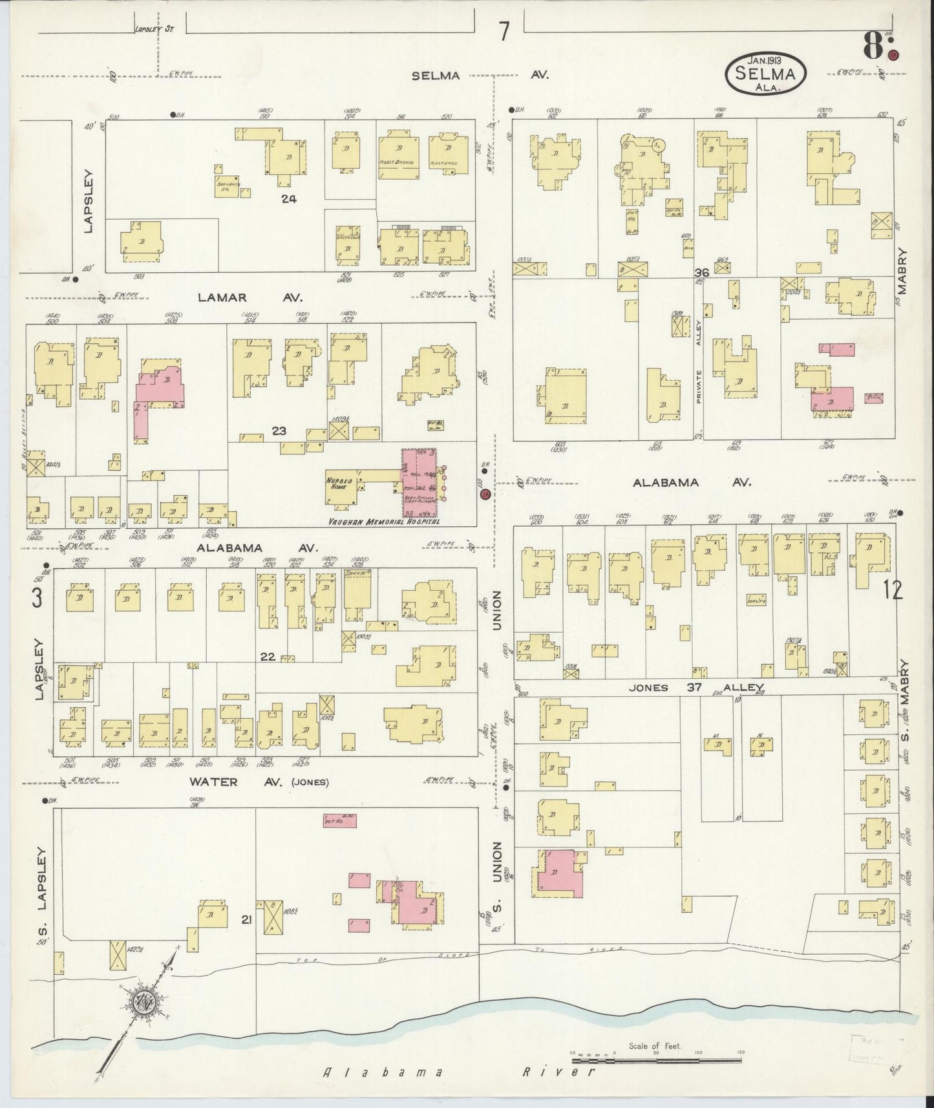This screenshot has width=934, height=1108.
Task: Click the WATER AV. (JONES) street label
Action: [259, 782]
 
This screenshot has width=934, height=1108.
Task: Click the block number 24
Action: [288, 199]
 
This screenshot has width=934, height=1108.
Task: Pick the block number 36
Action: [703, 273]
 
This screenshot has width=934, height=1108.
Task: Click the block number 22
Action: [268, 657]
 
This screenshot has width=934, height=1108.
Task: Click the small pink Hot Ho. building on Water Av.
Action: [339, 822]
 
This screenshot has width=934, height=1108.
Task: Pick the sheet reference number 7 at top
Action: [504, 30]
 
